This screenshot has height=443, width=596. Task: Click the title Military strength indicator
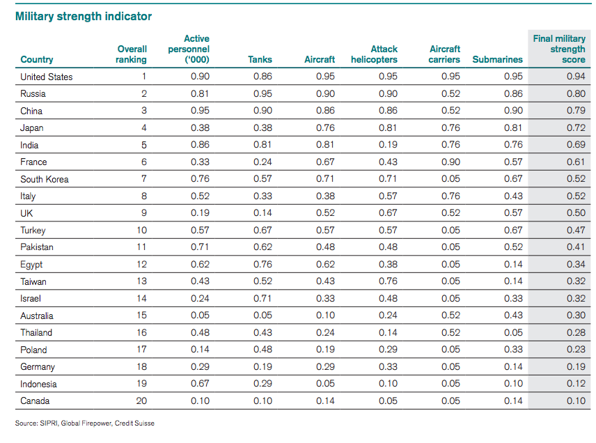(83, 16)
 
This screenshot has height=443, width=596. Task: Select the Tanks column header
(260, 60)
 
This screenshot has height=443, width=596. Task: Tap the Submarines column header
(497, 60)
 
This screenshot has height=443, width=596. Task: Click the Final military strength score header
(559, 49)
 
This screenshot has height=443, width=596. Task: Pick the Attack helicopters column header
(374, 54)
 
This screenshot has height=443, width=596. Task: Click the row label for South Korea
(45, 179)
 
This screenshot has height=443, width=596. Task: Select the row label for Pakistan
(37, 247)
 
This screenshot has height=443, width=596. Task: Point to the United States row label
(47, 77)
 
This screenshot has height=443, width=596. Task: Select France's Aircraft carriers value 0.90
(450, 162)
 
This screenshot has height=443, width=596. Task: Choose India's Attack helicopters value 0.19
(388, 145)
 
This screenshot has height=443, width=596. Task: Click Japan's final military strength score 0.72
(575, 128)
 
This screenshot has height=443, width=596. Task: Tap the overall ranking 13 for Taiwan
(142, 281)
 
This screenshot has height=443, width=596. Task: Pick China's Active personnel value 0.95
(200, 111)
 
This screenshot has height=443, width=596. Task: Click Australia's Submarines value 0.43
(512, 316)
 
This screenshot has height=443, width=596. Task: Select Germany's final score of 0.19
(575, 366)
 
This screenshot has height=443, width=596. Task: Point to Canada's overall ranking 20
(142, 401)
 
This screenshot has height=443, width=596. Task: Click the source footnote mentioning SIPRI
(84, 423)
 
